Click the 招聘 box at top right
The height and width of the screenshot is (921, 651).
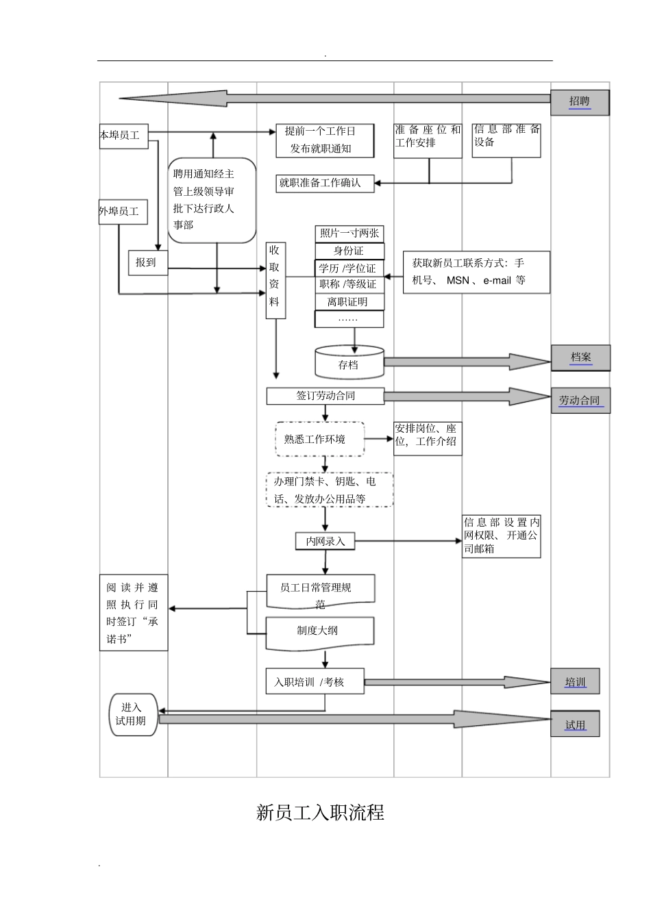click(x=580, y=102)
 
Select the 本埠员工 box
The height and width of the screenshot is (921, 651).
click(x=123, y=136)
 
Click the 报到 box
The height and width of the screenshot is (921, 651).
click(x=147, y=262)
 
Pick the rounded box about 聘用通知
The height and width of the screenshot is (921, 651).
click(x=212, y=200)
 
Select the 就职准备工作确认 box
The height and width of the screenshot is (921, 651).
click(x=325, y=183)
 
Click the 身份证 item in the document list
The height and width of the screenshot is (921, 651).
click(x=349, y=251)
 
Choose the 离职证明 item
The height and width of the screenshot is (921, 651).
click(x=349, y=302)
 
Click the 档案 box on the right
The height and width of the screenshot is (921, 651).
click(x=580, y=357)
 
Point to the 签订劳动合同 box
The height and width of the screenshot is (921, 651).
click(x=325, y=396)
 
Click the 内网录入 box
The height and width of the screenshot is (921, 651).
click(x=325, y=541)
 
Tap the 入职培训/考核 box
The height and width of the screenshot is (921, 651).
click(x=315, y=682)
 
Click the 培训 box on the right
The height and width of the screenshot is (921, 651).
click(x=575, y=682)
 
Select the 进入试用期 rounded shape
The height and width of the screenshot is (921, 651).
click(x=133, y=715)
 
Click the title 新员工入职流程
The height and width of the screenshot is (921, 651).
click(x=320, y=813)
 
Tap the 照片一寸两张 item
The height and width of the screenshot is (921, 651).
click(x=349, y=234)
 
